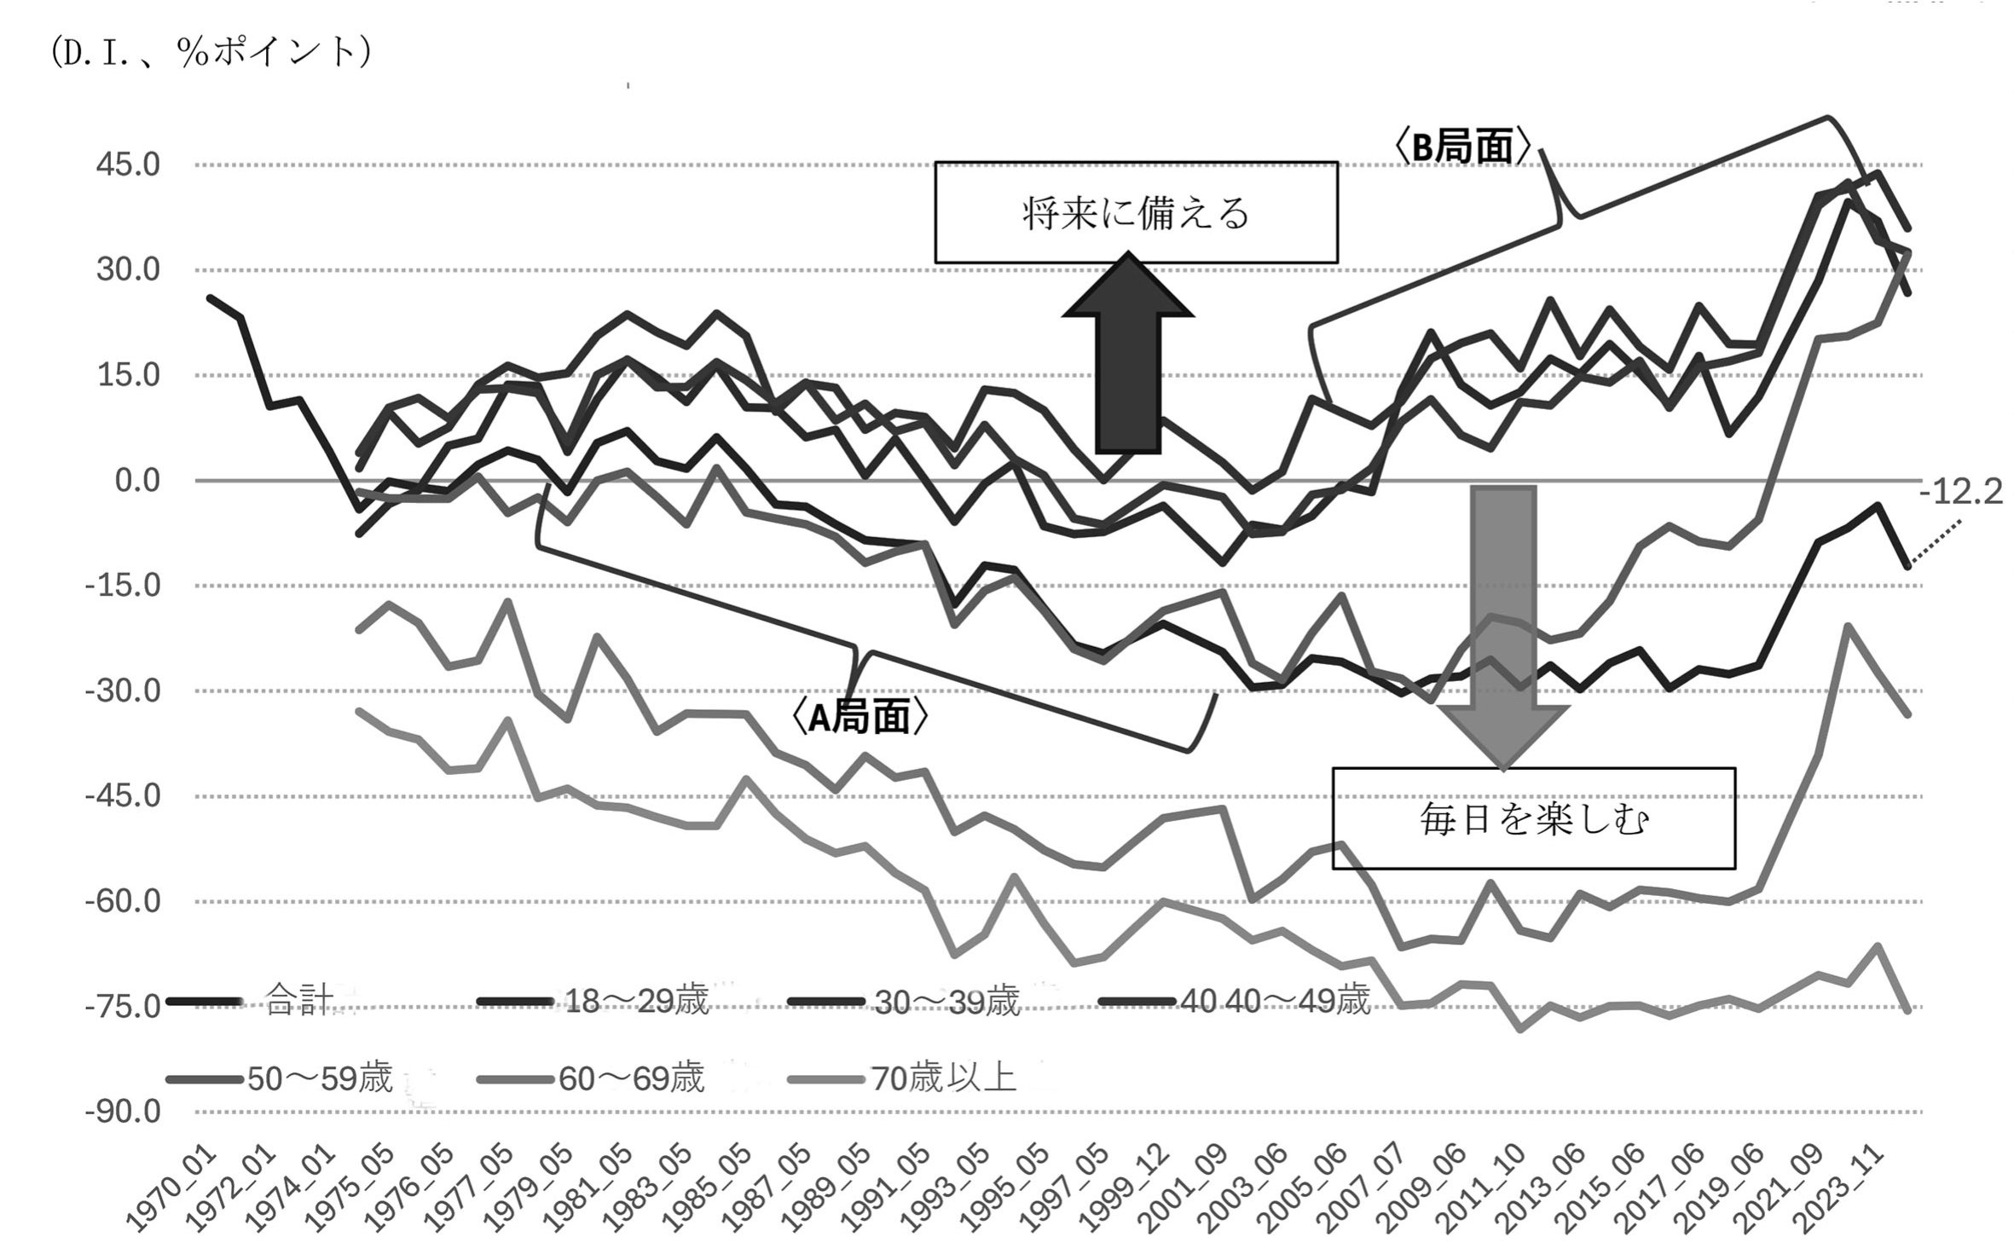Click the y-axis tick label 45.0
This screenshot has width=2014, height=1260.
tap(128, 165)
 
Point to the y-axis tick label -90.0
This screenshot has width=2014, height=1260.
tap(123, 1112)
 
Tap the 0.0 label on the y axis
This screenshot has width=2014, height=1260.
tap(137, 481)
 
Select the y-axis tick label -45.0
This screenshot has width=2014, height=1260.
tap(123, 796)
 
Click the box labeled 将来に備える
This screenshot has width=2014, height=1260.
tap(1136, 212)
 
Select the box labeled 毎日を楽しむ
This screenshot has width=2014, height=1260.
tap(1533, 818)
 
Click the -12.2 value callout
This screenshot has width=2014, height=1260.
tap(1960, 492)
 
